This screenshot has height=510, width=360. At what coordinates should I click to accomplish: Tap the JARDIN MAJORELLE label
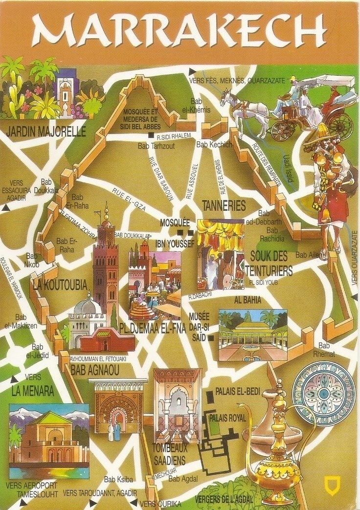[x=44, y=132]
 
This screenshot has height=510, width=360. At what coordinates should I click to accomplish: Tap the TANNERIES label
[x=224, y=206]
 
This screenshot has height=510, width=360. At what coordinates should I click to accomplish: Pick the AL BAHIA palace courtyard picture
[x=252, y=335]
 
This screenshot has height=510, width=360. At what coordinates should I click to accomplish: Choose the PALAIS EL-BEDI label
[x=237, y=392]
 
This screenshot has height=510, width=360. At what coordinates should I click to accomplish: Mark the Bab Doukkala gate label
[x=49, y=186]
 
